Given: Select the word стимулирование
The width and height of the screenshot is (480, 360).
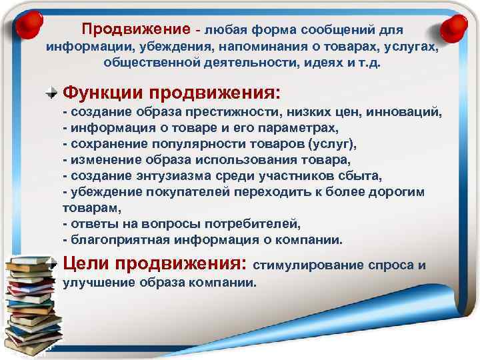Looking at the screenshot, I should (x=307, y=265).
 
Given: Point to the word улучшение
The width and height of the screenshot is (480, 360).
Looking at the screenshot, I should (x=97, y=283).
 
